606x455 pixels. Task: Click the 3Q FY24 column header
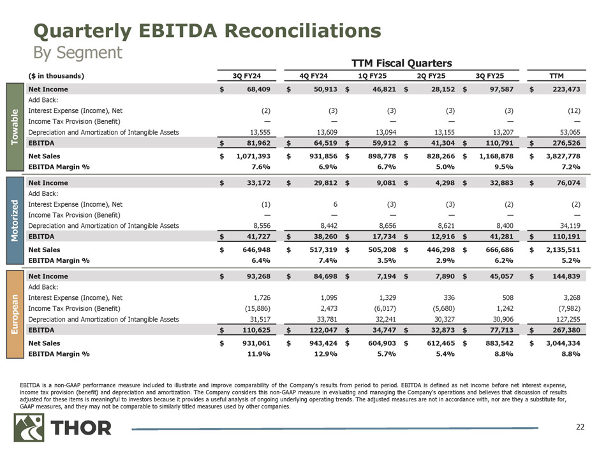[245, 77]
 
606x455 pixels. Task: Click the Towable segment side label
[18, 127]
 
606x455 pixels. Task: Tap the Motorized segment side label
[18, 220]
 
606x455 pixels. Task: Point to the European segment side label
[18, 314]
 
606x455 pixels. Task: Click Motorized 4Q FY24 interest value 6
[327, 204]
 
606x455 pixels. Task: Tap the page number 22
[579, 427]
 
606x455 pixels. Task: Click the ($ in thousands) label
[57, 77]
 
